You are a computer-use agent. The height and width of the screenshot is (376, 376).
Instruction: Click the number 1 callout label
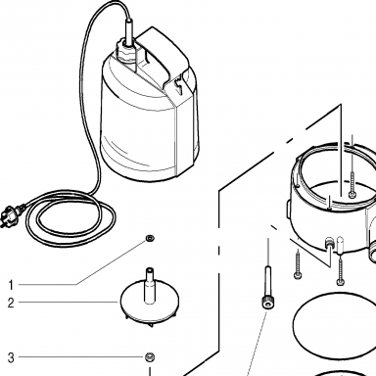pos(11,285)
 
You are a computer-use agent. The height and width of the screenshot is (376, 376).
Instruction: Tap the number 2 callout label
pos(11,303)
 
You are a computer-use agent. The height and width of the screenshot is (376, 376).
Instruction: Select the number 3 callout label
pos(11,357)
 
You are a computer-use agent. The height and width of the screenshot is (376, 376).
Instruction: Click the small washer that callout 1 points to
pos(150,238)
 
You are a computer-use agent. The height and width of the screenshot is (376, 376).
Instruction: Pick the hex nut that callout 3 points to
pos(150,357)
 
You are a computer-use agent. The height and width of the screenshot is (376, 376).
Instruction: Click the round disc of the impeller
pos(150,302)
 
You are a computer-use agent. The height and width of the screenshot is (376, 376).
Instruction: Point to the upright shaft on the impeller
pos(150,284)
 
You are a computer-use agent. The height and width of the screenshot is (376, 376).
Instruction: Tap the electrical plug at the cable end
pos(13,215)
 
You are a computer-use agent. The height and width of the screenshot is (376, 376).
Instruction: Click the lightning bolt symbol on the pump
pos(178,86)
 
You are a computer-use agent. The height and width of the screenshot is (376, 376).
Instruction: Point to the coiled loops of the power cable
pos(70,219)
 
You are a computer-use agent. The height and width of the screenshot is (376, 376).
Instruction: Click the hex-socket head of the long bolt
pos(267,304)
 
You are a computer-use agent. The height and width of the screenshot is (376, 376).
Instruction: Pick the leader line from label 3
pos(81,357)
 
